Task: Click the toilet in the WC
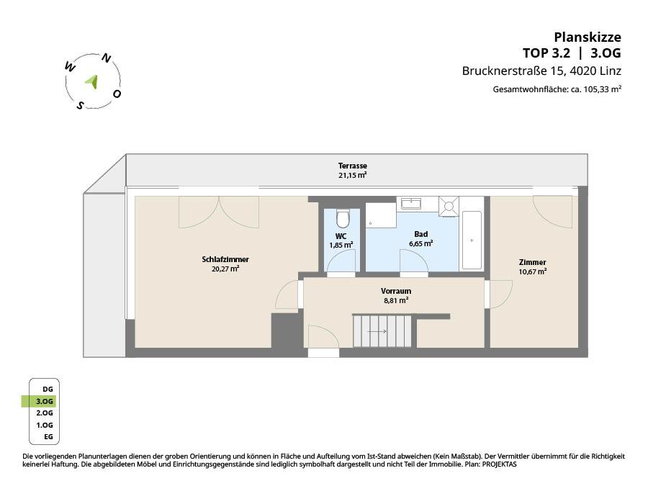343,218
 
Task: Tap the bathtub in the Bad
472,240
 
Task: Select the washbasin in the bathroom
411,203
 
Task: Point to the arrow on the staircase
377,331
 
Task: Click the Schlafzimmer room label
225,259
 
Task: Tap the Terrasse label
353,166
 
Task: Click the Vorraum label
396,291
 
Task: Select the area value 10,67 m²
533,271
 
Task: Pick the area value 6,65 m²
421,243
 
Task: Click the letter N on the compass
107,59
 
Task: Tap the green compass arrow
93,81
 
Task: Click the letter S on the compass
80,106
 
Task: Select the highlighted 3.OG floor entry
45,401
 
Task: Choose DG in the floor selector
48,390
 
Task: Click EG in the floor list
49,437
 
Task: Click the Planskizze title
588,37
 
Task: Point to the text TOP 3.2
546,53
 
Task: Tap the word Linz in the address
611,71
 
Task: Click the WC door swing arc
341,258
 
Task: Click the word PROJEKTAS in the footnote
499,464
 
